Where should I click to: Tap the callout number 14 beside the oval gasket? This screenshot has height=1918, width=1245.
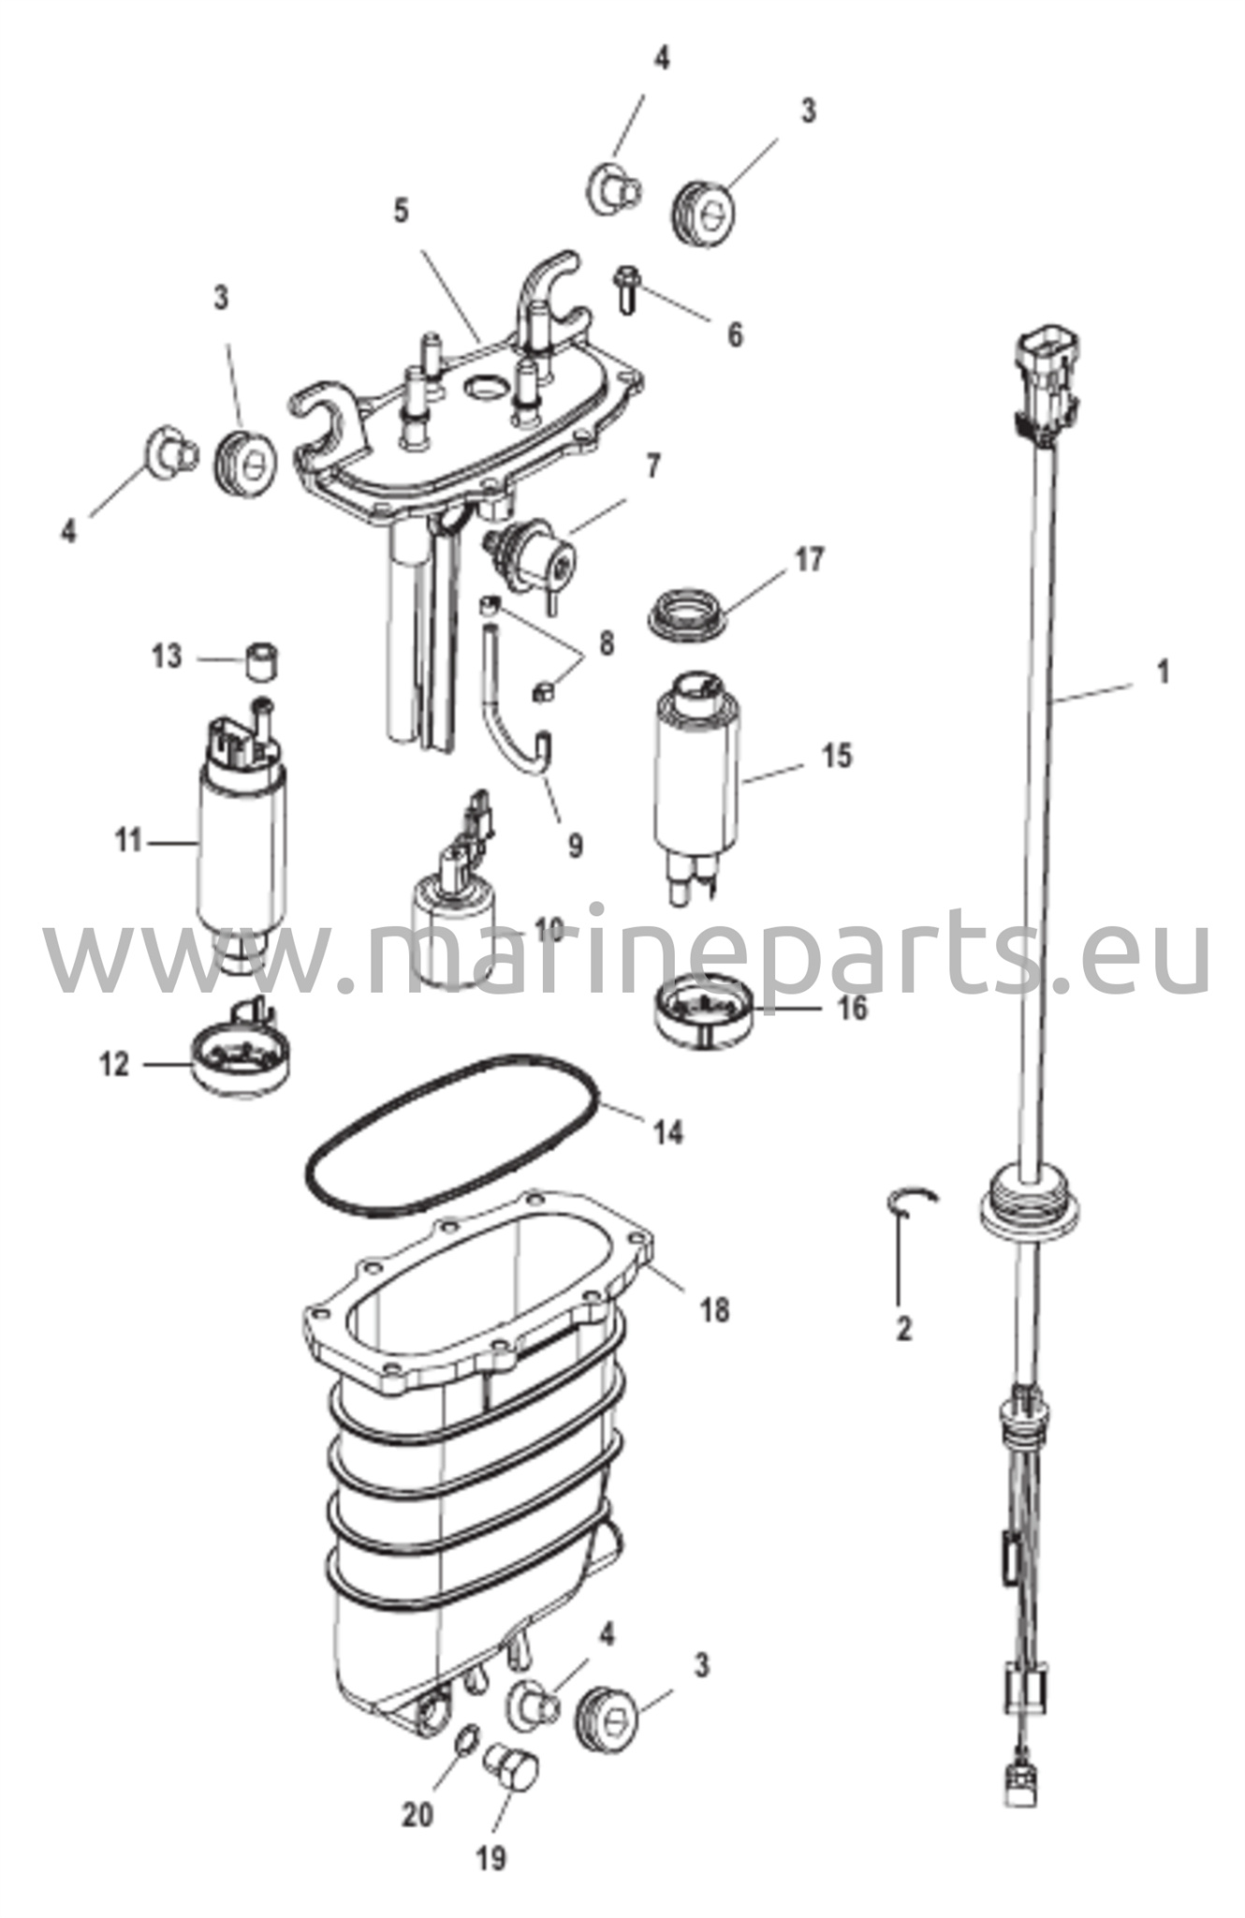tap(668, 1132)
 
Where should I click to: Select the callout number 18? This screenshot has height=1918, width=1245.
tap(714, 1309)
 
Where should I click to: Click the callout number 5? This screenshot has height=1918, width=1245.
tap(401, 211)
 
